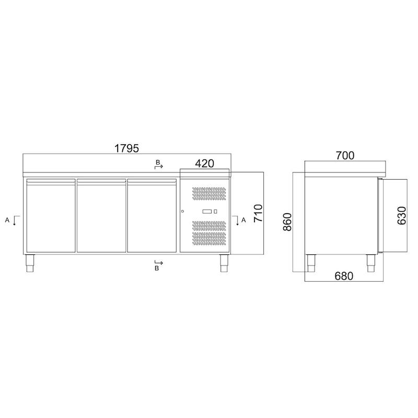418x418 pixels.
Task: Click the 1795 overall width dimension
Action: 126,148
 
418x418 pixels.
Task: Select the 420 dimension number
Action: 204,164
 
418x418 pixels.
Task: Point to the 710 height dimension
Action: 258,214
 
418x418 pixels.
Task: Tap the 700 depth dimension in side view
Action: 345,155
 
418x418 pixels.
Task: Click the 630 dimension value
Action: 401,215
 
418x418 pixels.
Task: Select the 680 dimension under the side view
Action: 344,276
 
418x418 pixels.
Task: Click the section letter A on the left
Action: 7,220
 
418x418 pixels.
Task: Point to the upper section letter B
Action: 157,163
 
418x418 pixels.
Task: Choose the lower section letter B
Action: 157,268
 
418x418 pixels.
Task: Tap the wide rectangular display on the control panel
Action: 206,212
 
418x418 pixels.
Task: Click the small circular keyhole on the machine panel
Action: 183,212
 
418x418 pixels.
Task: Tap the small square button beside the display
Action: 215,212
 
